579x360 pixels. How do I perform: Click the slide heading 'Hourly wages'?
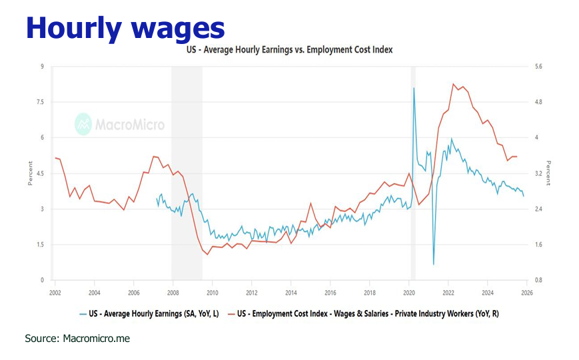pos(125,28)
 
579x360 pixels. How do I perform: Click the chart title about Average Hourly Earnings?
pos(289,50)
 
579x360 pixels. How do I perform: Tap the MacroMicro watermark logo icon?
pos(83,124)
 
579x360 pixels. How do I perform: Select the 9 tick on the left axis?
pos(42,67)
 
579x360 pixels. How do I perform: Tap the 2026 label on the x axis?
pos(526,292)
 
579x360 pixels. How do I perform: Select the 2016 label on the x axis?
pos(330,292)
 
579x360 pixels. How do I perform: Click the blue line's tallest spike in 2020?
pos(414,88)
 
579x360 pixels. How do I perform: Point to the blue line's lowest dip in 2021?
pos(434,264)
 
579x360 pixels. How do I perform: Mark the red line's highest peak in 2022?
pos(453,84)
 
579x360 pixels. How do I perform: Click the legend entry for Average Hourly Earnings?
pos(150,313)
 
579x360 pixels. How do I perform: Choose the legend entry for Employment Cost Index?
pos(362,313)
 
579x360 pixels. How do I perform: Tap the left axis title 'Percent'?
pos(29,173)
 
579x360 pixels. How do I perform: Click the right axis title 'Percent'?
pos(548,173)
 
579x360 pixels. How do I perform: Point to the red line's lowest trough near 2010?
pos(207,253)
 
